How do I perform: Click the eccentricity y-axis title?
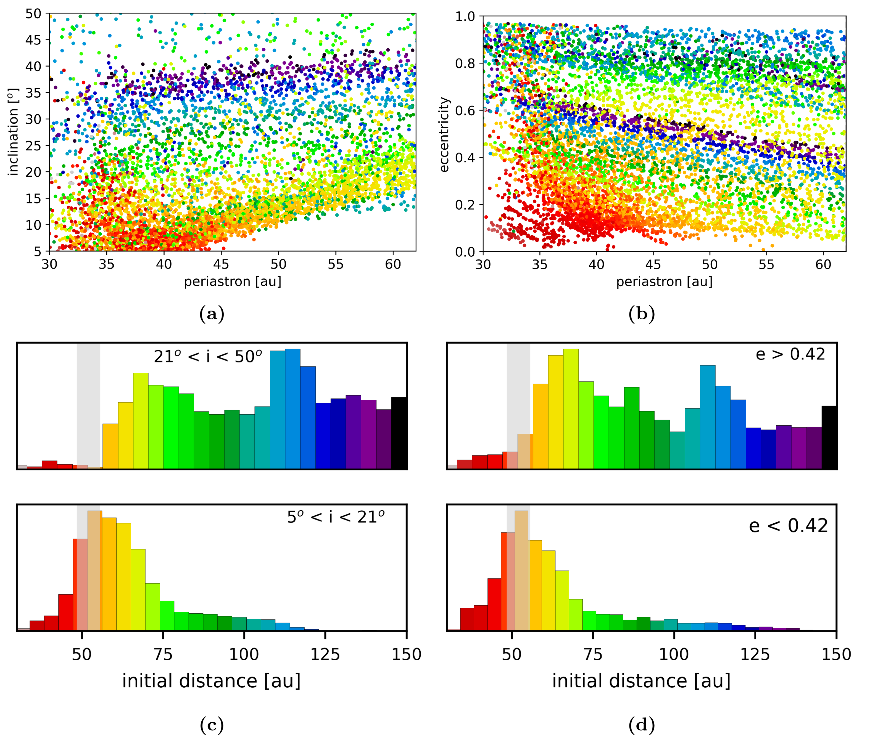click(444, 134)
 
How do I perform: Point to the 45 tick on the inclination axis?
click(33, 40)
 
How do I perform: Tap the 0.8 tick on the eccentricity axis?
click(465, 63)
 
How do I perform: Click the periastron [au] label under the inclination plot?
click(233, 282)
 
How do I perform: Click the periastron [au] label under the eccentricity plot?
click(664, 282)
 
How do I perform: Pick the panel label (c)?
click(212, 725)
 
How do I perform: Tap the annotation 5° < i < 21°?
click(335, 517)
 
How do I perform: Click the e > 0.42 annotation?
click(790, 354)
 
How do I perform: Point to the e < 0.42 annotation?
click(788, 526)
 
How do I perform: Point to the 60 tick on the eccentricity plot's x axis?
click(823, 264)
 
